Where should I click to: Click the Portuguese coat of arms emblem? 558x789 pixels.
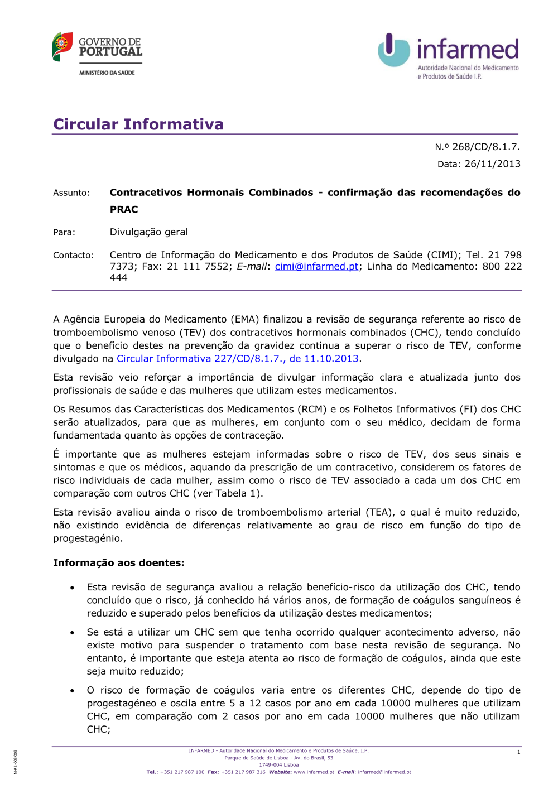click(62, 46)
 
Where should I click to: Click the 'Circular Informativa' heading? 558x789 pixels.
click(138, 124)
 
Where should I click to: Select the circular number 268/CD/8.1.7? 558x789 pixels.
click(485, 147)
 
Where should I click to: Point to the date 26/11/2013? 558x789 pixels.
click(492, 164)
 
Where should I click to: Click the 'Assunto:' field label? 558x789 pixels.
click(71, 193)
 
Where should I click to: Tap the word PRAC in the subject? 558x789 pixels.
click(124, 210)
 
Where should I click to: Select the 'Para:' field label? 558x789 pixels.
click(64, 233)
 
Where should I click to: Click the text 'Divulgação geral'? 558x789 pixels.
click(148, 232)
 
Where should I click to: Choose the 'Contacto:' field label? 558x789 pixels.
click(74, 256)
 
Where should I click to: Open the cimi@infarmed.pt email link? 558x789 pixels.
click(316, 267)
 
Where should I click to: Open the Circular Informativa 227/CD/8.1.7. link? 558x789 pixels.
click(237, 359)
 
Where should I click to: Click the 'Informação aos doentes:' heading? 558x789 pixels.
click(118, 563)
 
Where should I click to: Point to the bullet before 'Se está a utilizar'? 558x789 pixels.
click(73, 633)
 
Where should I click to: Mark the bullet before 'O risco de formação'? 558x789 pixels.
click(73, 691)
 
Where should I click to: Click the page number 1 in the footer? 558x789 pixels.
click(518, 752)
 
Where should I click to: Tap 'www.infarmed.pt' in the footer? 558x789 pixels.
click(314, 772)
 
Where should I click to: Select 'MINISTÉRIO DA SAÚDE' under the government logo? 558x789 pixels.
click(107, 73)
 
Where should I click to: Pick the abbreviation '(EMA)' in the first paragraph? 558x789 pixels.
click(244, 320)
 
